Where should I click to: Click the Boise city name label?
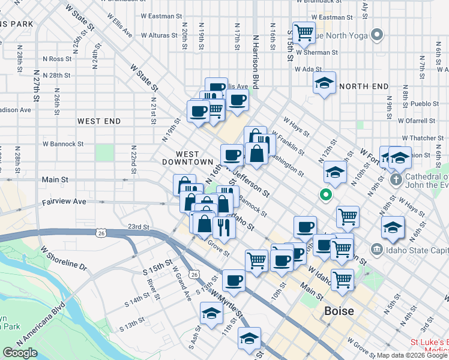(x=339, y=311)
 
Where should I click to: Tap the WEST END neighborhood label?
(x=99, y=121)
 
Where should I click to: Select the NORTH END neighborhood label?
(x=364, y=86)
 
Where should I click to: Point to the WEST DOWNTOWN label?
(x=187, y=158)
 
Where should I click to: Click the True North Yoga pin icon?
(x=377, y=35)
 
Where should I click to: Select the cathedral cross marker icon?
(x=396, y=179)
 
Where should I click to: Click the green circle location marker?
(x=325, y=194)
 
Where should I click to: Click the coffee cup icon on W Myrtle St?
(x=234, y=280)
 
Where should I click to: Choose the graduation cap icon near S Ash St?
(x=211, y=314)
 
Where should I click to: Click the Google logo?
(x=20, y=353)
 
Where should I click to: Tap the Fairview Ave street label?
(x=64, y=202)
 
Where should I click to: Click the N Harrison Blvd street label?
(x=255, y=60)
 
